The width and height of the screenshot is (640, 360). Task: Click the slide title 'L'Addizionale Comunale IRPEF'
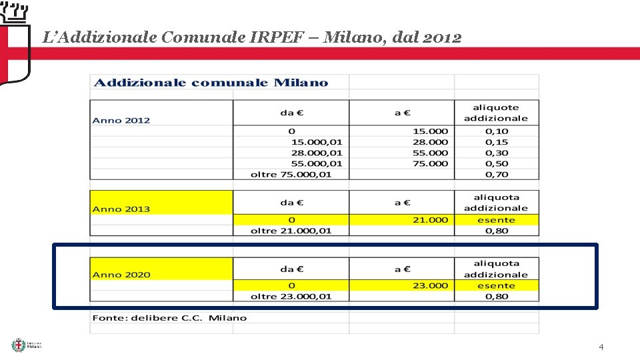(x=251, y=37)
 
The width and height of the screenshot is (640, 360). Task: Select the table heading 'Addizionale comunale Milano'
(x=211, y=83)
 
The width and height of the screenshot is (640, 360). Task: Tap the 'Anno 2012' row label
(x=121, y=120)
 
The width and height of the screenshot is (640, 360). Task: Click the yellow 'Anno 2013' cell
(x=121, y=209)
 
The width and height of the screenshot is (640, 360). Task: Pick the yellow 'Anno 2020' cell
(x=121, y=274)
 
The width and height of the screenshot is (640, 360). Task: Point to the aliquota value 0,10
(x=497, y=131)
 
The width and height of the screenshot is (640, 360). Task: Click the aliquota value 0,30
(x=497, y=153)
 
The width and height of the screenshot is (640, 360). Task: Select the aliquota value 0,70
(x=497, y=174)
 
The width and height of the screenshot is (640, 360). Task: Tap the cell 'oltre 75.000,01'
(x=291, y=174)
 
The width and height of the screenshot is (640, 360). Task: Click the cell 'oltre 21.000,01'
(x=291, y=231)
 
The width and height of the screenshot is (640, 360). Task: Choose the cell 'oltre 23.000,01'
(x=291, y=296)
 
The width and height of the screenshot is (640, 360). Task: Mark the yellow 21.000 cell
(x=430, y=219)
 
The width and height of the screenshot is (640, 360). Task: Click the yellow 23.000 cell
(x=430, y=285)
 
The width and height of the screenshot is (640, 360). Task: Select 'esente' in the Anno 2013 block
(x=496, y=219)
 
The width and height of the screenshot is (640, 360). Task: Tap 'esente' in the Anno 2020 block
(x=496, y=285)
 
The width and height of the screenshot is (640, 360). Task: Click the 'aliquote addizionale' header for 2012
(x=496, y=113)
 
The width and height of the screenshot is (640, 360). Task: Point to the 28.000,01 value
(x=317, y=153)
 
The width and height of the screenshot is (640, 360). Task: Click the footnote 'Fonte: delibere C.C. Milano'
(x=169, y=317)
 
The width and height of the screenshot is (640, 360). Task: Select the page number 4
(x=601, y=347)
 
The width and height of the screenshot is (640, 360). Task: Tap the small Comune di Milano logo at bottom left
(x=27, y=345)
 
